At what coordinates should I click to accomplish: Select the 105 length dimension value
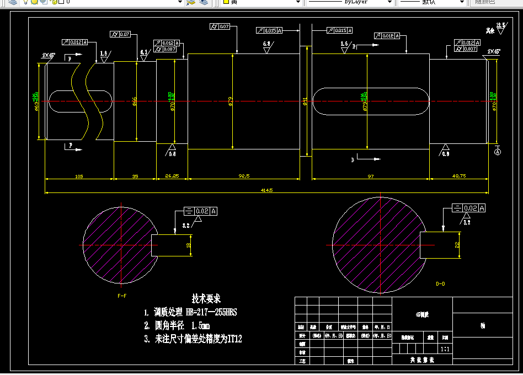click(x=78, y=176)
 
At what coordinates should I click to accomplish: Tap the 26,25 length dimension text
click(x=172, y=176)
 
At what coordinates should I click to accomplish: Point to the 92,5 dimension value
click(x=244, y=176)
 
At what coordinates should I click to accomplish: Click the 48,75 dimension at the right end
click(x=459, y=176)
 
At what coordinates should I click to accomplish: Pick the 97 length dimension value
click(x=370, y=176)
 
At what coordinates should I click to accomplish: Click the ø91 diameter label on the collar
click(x=305, y=101)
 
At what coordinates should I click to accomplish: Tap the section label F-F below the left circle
click(x=122, y=296)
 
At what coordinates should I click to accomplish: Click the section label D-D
click(x=440, y=284)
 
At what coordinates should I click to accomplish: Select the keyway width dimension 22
click(x=457, y=245)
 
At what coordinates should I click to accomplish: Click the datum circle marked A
click(x=497, y=152)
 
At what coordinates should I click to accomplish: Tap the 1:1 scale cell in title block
click(x=445, y=349)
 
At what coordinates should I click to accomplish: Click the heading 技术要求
click(x=206, y=298)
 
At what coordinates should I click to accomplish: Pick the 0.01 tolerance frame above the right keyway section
click(x=386, y=36)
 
